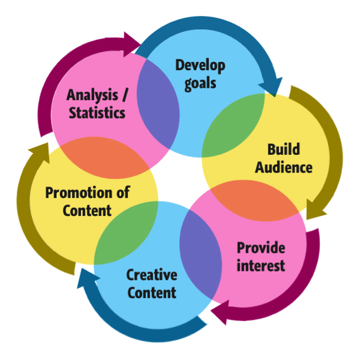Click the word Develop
coord(200,66)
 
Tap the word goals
coord(201,83)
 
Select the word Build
coord(284,149)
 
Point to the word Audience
coord(284,167)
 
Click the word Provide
coord(261,248)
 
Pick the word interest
coord(261,266)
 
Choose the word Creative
coord(152,275)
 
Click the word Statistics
coord(97,113)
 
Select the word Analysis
coord(92,95)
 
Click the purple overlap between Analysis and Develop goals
coord(158,104)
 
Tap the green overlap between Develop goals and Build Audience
coord(233,126)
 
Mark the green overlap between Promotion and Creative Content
coord(126,233)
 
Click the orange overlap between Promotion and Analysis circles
coord(104,158)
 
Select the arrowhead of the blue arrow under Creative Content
coord(87,278)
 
